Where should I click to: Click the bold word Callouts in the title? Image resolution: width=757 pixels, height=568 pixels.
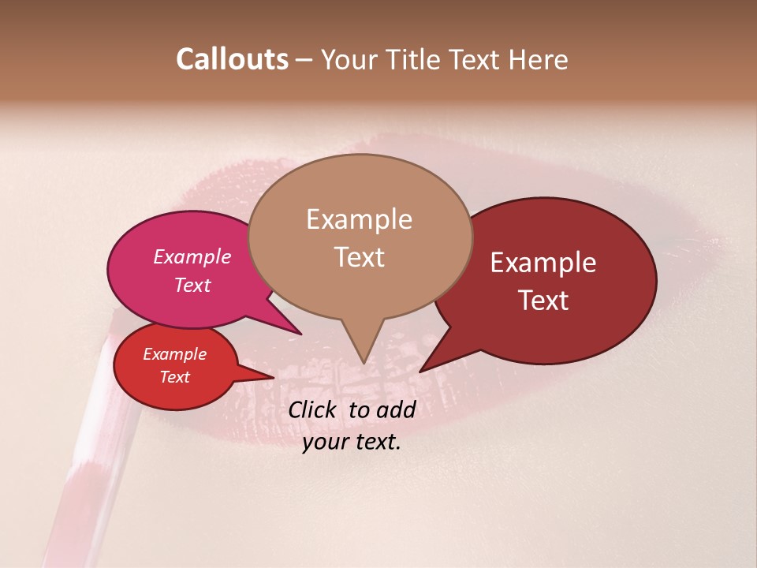click(232, 59)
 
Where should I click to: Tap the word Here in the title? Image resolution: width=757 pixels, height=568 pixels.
click(539, 59)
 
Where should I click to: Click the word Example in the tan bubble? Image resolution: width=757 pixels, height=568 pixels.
click(359, 219)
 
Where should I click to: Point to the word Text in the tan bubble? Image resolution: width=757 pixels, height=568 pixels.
click(359, 257)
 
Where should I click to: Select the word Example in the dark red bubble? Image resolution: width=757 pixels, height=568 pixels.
click(543, 263)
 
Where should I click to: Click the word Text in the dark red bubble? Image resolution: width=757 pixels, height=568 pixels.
click(544, 301)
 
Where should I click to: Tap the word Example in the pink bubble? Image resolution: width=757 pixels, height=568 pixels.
click(192, 257)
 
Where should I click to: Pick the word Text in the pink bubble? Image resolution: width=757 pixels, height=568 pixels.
click(192, 286)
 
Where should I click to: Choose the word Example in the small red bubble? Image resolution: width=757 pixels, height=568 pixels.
click(174, 355)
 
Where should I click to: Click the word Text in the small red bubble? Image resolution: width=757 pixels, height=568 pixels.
click(174, 377)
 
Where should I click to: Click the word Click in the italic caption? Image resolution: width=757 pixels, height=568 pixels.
click(314, 409)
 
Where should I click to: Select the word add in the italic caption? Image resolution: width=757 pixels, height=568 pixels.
click(396, 409)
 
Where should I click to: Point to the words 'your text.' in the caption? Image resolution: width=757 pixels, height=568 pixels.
click(352, 443)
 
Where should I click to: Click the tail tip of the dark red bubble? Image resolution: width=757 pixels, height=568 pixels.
click(420, 371)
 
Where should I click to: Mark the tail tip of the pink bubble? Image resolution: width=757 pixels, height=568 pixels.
click(301, 334)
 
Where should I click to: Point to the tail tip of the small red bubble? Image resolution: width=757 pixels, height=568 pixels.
click(274, 378)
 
